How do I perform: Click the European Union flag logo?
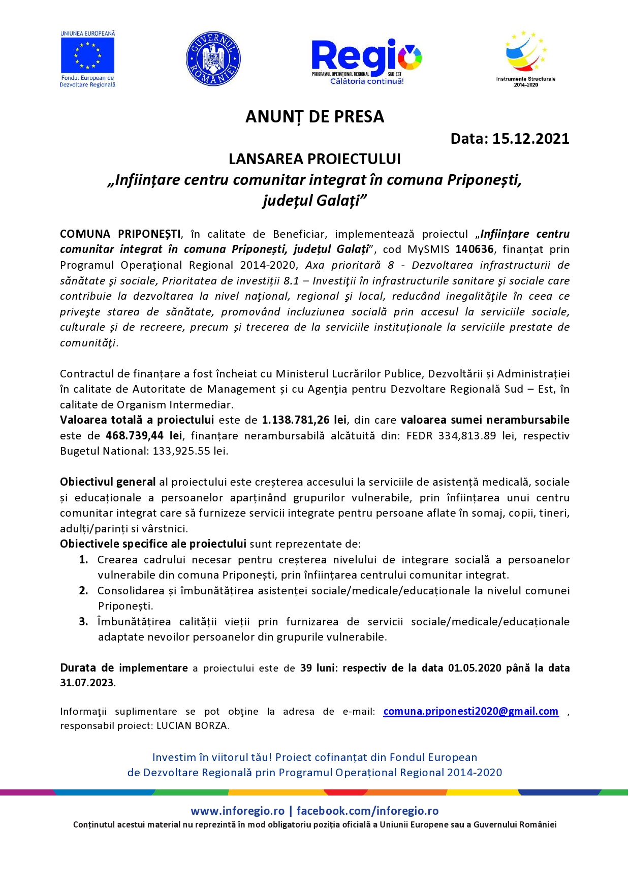[x=87, y=55]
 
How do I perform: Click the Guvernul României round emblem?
[x=213, y=59]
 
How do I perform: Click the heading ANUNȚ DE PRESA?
[x=314, y=117]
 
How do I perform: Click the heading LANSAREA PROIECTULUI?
[x=314, y=159]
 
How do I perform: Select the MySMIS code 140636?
[x=475, y=249]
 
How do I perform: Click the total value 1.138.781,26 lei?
[x=304, y=420]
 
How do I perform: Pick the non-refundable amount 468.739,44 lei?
[x=144, y=436]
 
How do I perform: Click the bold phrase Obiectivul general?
[x=108, y=482]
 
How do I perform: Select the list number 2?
[x=84, y=591]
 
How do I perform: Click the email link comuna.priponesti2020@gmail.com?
[x=470, y=711]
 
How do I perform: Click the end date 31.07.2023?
[x=87, y=683]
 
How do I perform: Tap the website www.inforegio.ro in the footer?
[x=237, y=811]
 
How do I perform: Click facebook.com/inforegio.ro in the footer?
[x=367, y=811]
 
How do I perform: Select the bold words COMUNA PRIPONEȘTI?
[x=120, y=234]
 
